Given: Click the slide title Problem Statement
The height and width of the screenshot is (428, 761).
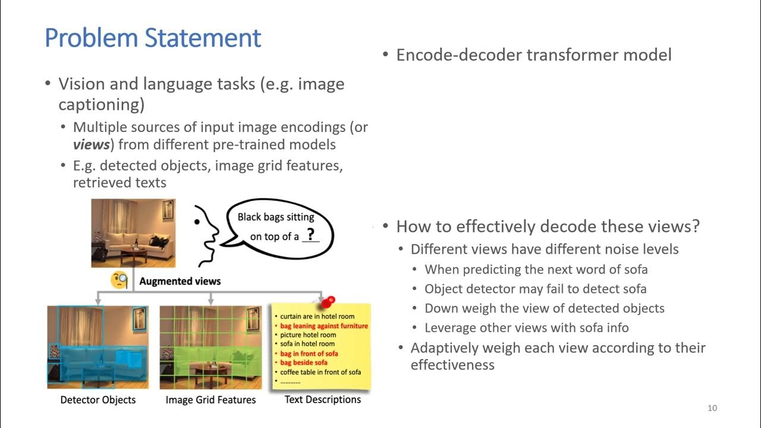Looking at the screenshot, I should (153, 38).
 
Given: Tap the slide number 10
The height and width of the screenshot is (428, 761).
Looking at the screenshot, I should (712, 408).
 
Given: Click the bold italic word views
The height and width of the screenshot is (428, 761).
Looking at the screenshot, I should (91, 144).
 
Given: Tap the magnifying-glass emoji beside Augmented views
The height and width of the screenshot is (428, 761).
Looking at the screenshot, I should (120, 280).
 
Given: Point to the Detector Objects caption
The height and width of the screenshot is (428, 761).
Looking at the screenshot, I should (98, 400).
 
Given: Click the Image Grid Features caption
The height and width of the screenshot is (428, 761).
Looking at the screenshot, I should (210, 400).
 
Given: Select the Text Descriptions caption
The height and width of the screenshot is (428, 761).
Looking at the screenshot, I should (322, 399).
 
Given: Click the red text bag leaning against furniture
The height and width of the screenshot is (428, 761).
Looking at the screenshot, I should (324, 326).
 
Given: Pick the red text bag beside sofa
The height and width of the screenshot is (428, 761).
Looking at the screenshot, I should (304, 363).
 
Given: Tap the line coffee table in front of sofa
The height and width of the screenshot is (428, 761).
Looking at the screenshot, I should (320, 372).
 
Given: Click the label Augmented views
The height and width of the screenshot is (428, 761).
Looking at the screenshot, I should (180, 281).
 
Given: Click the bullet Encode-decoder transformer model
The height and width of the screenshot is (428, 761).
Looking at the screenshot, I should (533, 55).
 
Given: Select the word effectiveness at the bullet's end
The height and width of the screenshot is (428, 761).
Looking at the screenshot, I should (452, 364).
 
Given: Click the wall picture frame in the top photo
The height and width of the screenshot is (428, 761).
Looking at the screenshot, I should (168, 208).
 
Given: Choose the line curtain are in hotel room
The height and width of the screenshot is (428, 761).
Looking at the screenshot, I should (317, 316).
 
